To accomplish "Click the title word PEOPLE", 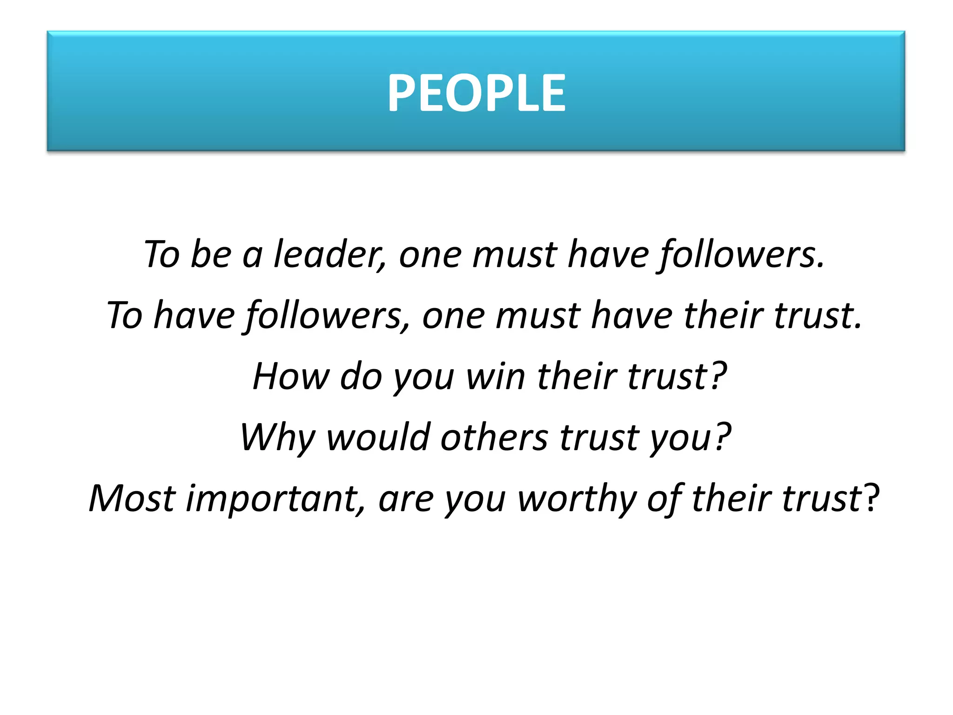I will point(476,93).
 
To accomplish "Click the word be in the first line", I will point(210,254).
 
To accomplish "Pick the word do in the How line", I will point(361,376).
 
